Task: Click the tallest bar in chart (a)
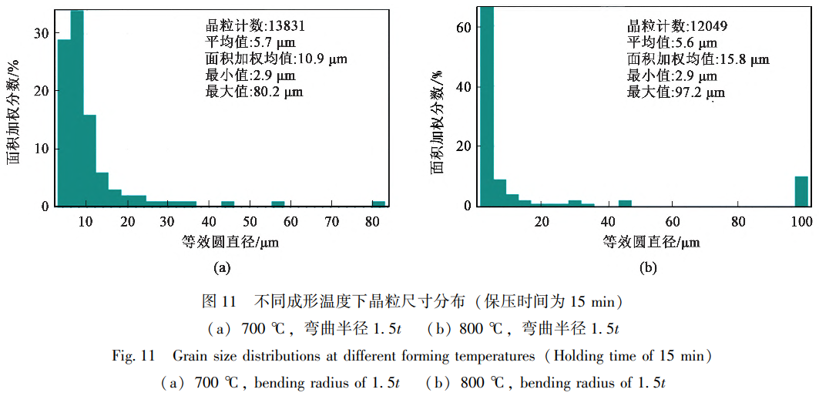click(77, 108)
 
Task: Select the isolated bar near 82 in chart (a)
click(378, 203)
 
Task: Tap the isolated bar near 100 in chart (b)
click(801, 192)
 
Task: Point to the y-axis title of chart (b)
click(438, 121)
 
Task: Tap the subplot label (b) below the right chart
click(647, 268)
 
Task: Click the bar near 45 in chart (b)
click(625, 203)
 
